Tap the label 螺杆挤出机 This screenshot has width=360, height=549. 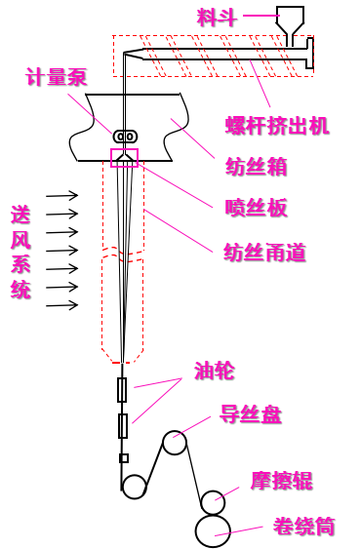(276, 125)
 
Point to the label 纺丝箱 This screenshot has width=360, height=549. (256, 167)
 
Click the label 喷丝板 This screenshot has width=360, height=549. (256, 208)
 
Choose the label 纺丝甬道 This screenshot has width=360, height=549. (264, 253)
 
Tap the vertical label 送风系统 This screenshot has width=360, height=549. (20, 252)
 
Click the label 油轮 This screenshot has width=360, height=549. (214, 371)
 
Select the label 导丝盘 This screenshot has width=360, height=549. (251, 414)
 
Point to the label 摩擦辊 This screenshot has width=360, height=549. (281, 481)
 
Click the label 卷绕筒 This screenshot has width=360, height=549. (303, 528)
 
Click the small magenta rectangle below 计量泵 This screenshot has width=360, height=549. (124, 158)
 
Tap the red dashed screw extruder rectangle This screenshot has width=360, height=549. (213, 56)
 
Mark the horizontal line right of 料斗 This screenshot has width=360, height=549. (261, 16)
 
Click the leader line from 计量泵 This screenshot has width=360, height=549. (90, 113)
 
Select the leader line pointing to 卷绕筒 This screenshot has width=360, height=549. (238, 531)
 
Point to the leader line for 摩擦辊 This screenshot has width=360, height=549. (227, 493)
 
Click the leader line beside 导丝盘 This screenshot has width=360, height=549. (192, 427)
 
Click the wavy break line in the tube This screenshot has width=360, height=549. (123, 254)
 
